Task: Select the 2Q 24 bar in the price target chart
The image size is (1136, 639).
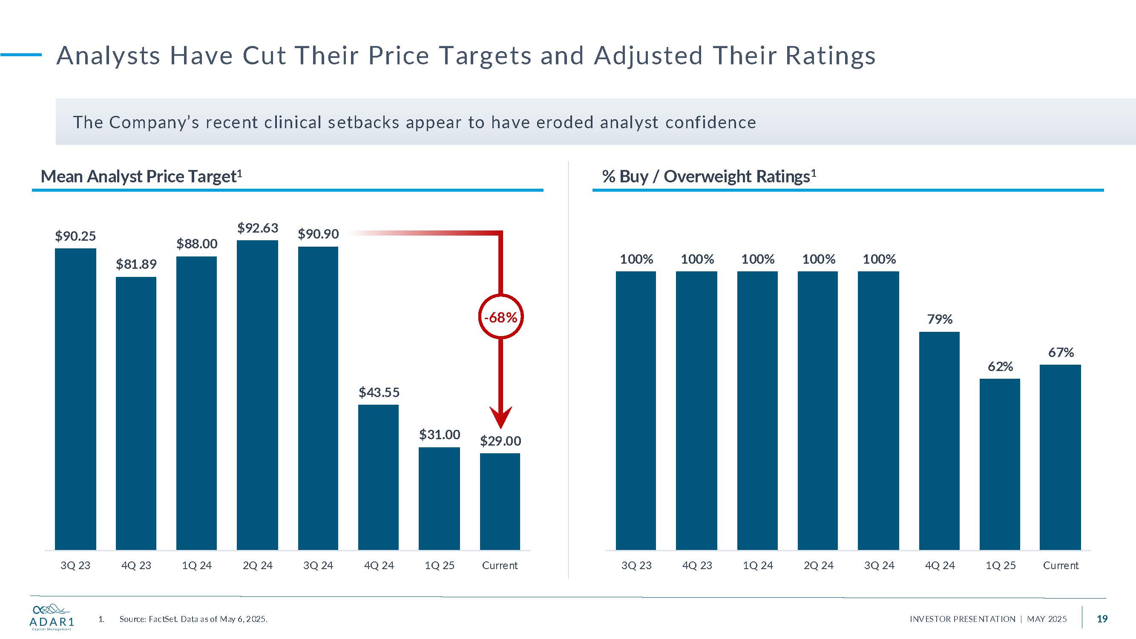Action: (258, 395)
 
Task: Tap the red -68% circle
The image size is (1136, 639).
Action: (500, 317)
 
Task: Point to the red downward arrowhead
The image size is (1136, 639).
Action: (500, 417)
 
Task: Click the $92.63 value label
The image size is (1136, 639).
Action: (258, 228)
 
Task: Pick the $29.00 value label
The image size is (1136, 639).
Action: (500, 440)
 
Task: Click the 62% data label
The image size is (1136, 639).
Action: (1000, 366)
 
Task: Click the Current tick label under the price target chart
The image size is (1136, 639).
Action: (500, 565)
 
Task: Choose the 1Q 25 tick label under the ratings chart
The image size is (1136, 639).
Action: (1000, 565)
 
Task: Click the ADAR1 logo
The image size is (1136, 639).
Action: (52, 616)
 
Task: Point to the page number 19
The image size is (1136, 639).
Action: (1102, 619)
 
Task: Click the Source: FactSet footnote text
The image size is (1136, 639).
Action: (193, 619)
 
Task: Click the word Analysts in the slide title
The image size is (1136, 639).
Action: (109, 56)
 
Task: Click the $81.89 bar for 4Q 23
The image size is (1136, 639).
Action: (136, 413)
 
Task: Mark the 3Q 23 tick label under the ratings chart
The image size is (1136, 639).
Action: (636, 565)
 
